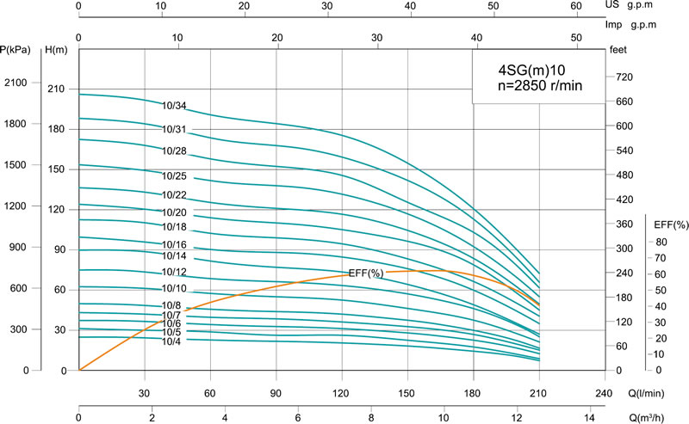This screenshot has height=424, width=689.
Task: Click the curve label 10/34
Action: click(x=174, y=106)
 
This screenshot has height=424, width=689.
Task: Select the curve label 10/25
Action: click(x=174, y=175)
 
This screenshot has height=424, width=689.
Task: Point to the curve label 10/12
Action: click(x=174, y=272)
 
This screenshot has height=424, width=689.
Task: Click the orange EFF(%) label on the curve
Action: click(x=365, y=273)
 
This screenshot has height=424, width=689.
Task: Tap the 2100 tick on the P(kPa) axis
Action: click(x=17, y=83)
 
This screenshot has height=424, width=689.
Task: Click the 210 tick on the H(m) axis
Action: click(x=56, y=89)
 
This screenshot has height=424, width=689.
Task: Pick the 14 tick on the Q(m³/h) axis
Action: click(x=589, y=419)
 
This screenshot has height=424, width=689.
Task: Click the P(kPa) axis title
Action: click(x=16, y=50)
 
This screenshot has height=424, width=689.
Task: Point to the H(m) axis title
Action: click(x=56, y=50)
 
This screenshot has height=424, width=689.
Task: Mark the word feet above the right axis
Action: click(x=618, y=50)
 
